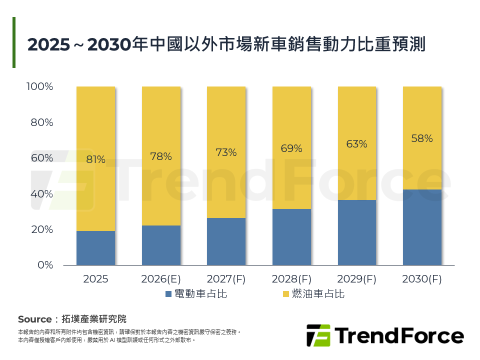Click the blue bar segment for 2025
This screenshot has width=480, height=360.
click(x=95, y=248)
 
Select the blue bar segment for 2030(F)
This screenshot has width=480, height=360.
click(x=422, y=227)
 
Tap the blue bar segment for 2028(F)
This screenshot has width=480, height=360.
click(x=291, y=237)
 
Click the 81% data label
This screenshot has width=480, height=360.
click(x=95, y=160)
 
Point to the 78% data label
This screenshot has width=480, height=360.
click(x=161, y=156)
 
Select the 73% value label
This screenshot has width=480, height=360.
click(x=226, y=152)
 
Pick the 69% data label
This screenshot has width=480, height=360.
click(x=291, y=148)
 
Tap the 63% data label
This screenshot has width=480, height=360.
click(x=356, y=144)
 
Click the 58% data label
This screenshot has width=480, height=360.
click(x=422, y=139)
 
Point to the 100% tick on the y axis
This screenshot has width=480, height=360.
click(x=39, y=87)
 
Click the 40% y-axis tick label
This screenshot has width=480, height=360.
click(x=42, y=194)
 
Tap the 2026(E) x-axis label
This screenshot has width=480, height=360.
click(x=161, y=279)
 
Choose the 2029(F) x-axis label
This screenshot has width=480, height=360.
click(x=356, y=279)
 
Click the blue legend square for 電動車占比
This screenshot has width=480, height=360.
click(x=168, y=294)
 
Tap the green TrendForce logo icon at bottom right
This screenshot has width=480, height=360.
click(x=318, y=335)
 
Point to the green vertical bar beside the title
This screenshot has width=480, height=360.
click(x=14, y=42)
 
